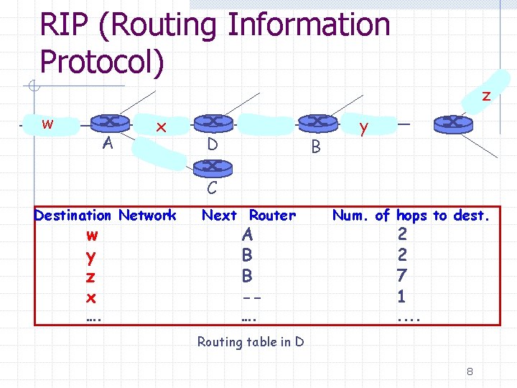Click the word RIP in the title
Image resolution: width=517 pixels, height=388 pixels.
point(68,26)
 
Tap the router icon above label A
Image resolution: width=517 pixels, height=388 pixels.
point(110,122)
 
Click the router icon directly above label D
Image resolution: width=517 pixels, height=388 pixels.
point(213,122)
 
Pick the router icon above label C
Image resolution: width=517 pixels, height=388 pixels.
point(213,167)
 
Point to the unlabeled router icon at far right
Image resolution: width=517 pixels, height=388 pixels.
point(454,122)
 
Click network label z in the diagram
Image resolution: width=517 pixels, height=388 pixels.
point(486,96)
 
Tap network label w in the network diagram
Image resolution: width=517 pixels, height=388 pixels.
point(47,123)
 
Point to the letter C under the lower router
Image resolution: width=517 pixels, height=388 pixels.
point(212,189)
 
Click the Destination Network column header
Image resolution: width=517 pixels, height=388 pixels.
point(105,215)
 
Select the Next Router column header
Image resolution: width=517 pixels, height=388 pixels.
point(248,215)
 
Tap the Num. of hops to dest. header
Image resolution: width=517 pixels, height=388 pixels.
point(411,215)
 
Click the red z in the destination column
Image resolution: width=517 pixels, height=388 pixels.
point(90,276)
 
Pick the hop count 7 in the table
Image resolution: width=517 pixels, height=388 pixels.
point(401,275)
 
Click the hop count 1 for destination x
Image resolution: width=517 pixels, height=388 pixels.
point(401,296)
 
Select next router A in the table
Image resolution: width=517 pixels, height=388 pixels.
point(248,234)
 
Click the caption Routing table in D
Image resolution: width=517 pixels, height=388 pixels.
point(251,342)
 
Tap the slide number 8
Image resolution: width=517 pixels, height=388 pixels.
point(469,371)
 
